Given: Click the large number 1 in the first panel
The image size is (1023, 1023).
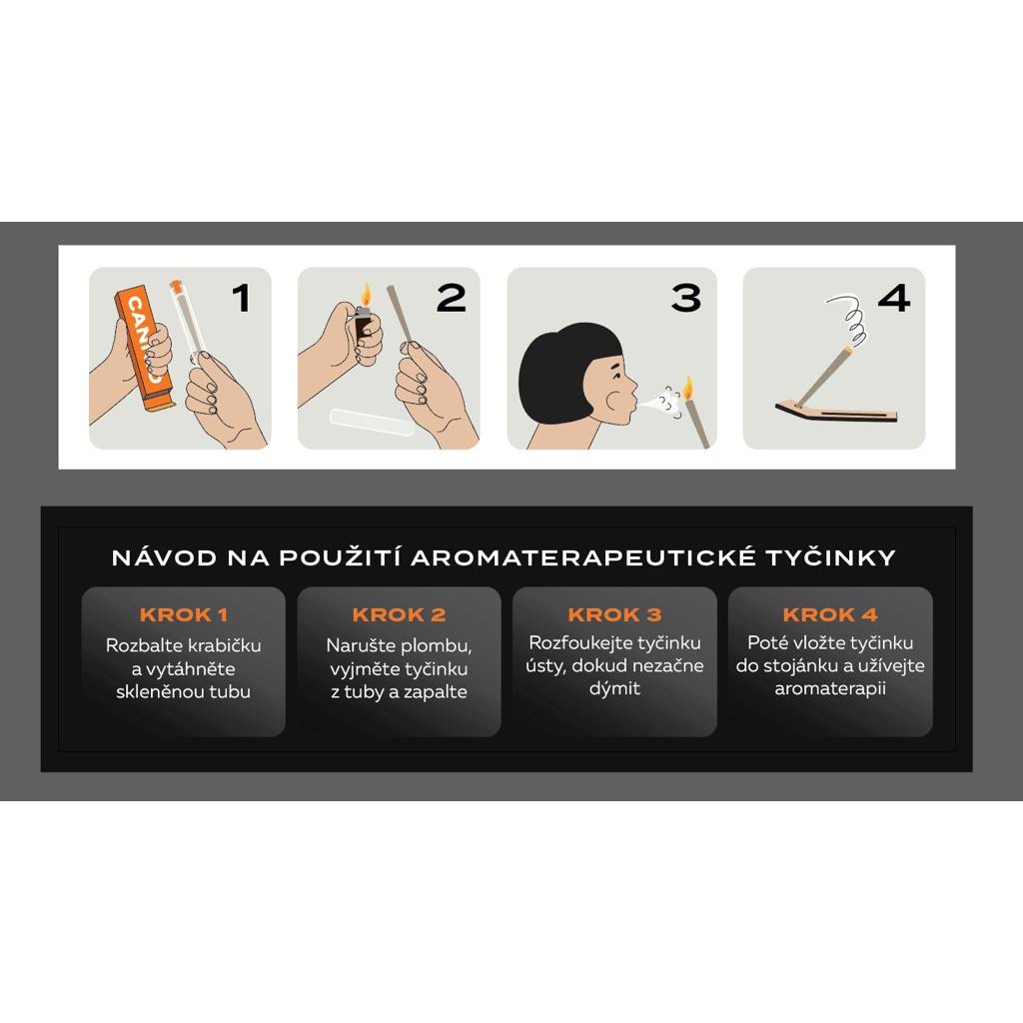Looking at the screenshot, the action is click(x=242, y=298).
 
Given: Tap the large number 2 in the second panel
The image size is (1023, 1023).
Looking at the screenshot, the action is click(x=452, y=298).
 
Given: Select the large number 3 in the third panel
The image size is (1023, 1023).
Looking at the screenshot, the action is click(x=685, y=298).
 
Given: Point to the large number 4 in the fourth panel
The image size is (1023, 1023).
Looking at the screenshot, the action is click(x=894, y=298).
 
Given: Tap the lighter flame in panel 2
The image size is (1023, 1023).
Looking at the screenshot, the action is click(x=366, y=295).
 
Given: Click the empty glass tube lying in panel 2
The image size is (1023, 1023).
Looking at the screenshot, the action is click(x=372, y=423).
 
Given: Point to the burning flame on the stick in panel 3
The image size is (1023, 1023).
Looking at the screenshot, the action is click(x=687, y=389).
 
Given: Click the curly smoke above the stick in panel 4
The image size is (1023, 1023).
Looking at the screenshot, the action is click(x=849, y=320).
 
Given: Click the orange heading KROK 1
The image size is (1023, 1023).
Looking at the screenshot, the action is click(x=184, y=614).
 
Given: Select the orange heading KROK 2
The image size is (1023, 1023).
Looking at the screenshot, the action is click(x=400, y=614).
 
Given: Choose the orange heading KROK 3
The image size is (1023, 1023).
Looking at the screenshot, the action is click(x=614, y=614).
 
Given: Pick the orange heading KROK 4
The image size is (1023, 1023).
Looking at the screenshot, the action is click(x=830, y=614).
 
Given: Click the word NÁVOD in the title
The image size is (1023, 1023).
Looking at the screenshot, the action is click(x=165, y=557).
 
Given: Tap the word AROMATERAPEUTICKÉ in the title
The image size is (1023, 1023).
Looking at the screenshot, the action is click(x=583, y=557).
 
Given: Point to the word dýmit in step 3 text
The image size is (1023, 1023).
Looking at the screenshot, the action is click(x=614, y=689).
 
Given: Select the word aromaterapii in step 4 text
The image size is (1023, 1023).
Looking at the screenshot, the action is click(x=830, y=689).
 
